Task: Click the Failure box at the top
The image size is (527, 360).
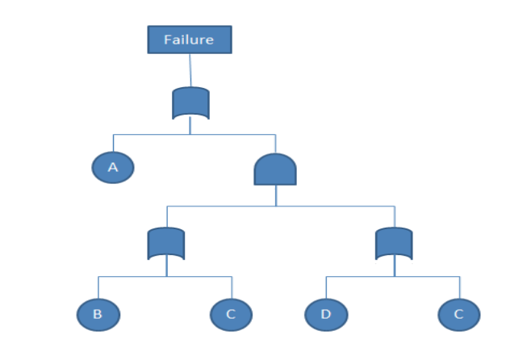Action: tap(190, 39)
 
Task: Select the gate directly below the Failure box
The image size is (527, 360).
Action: tap(190, 103)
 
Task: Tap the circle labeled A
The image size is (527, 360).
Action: tap(113, 167)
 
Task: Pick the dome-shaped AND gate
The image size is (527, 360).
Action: tap(275, 169)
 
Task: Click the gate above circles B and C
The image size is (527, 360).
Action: tap(167, 243)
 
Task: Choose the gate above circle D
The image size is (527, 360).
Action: tap(395, 243)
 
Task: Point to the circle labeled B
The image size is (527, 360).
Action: tap(98, 314)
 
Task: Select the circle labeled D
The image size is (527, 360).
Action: tap(326, 314)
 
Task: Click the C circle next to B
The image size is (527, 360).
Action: tap(231, 314)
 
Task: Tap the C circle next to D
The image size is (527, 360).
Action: tap(459, 314)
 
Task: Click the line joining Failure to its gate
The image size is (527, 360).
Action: tap(190, 69)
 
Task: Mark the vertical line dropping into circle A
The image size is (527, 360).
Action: tap(113, 142)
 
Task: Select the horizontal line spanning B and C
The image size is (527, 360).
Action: tap(165, 276)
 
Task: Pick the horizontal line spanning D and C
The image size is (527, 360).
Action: tap(394, 276)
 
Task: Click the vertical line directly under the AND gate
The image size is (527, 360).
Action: tap(275, 195)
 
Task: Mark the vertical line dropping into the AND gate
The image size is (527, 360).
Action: tap(275, 143)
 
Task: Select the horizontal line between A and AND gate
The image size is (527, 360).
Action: tap(194, 133)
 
